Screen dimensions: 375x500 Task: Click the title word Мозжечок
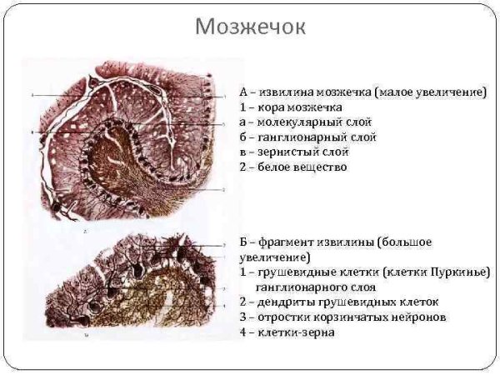coord(250,27)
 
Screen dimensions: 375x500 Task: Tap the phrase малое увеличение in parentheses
coord(429,92)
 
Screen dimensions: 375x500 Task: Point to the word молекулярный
coord(292,122)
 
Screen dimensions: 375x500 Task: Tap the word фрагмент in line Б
coord(287,242)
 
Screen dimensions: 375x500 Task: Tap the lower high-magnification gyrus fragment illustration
coord(125,287)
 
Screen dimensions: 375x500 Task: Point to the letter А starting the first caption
coord(243,92)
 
